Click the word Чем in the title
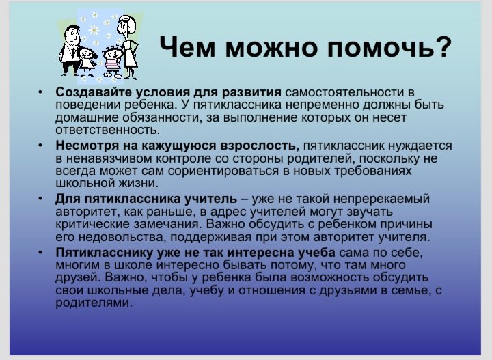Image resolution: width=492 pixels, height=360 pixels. coord(187,46)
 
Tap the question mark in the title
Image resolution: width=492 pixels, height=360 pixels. coord(443,46)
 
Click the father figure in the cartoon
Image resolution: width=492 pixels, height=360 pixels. coord(70,50)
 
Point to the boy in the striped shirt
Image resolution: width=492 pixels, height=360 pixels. coord(111,61)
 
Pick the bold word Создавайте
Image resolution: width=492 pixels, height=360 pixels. coord(94,92)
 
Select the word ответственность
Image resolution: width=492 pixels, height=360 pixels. coord(108,130)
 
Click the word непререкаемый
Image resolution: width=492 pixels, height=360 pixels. coord(381,199)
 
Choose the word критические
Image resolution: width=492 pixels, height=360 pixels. coord(92,224)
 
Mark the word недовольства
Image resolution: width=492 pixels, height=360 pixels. coord(122,237)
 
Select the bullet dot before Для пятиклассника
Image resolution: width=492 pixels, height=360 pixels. coord(40,199)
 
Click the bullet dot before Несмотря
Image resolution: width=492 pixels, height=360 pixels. coord(40,146)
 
